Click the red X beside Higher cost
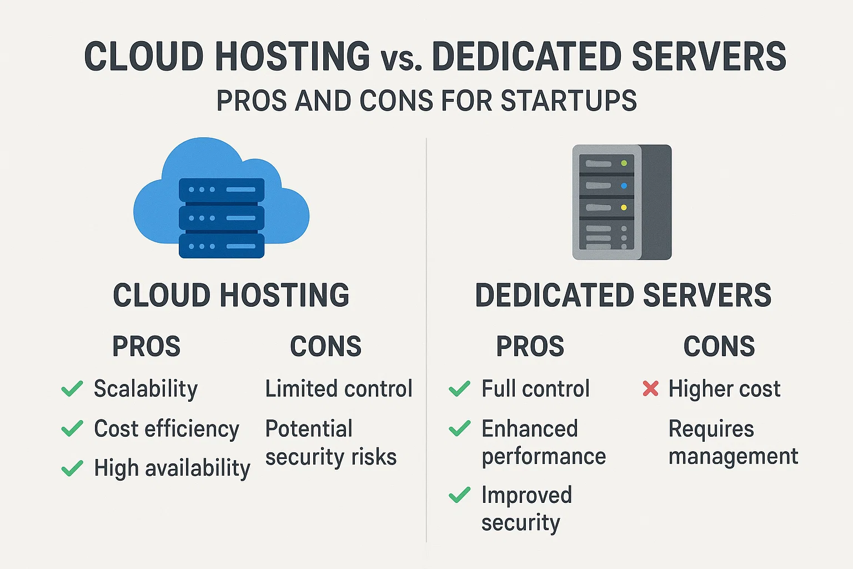pos(650,388)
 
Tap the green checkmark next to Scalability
pos(72,388)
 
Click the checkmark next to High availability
pos(72,468)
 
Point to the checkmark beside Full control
pos(459,388)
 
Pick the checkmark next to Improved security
pos(459,495)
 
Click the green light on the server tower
pos(624,163)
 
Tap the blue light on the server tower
pos(624,186)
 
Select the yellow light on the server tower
pos(624,208)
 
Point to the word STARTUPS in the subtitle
pos(569,101)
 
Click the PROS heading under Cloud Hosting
pos(146,346)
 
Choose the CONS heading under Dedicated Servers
pos(719,346)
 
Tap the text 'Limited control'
pos(339,388)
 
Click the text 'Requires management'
pos(733,442)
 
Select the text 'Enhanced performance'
pos(544,442)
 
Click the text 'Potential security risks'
pos(331,442)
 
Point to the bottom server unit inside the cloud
pos(222,246)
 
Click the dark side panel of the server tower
pos(656,202)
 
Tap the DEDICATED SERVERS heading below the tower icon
pos(623,295)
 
